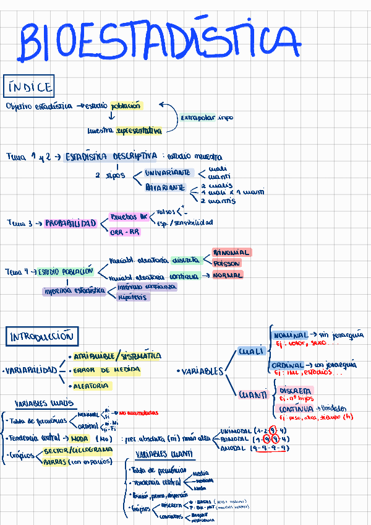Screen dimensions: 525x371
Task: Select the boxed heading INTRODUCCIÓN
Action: coord(41,337)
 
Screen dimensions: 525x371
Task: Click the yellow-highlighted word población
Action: coord(126,106)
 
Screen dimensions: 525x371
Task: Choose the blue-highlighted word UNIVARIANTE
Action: coord(168,173)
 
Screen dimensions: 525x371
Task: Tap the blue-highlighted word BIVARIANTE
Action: coord(165,187)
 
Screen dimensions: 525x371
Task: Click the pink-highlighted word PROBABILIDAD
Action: coord(70,223)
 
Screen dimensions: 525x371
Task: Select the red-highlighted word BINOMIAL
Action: coord(231,253)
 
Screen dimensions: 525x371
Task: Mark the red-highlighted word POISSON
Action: coord(226,263)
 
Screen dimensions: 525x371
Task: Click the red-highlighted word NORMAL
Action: coord(228,275)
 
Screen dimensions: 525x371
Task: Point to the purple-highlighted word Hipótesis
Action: coord(132,297)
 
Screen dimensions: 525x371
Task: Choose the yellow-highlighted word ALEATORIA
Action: coord(92,385)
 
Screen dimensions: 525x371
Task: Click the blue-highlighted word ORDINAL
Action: coord(288,365)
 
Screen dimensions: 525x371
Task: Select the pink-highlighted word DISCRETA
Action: coord(296,391)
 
